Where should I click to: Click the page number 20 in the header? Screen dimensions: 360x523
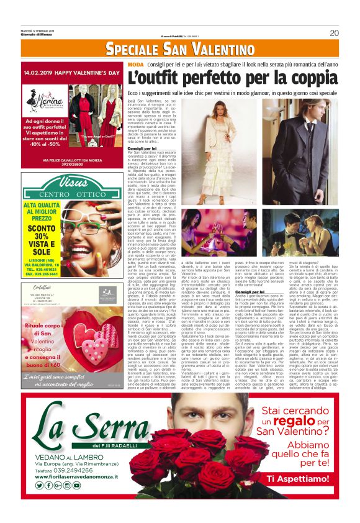(x=334, y=33)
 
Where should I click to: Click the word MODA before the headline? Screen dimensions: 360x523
(x=135, y=65)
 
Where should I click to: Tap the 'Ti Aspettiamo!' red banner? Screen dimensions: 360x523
(x=295, y=478)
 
